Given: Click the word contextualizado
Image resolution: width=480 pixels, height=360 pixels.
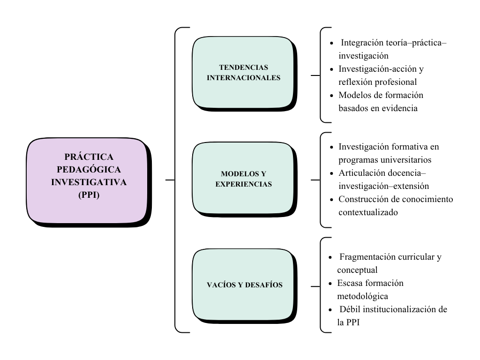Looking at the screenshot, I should click(x=368, y=212).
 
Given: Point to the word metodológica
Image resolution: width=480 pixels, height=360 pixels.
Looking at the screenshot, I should click(x=362, y=296).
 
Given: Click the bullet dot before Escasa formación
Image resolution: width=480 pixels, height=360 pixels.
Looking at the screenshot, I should click(x=331, y=284).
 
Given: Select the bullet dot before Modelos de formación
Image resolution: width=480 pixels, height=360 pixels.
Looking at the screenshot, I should click(x=332, y=95).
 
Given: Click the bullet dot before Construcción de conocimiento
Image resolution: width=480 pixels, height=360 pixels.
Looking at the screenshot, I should click(x=332, y=200).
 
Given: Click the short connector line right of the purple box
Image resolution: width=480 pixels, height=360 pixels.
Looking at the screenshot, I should click(x=170, y=180).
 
